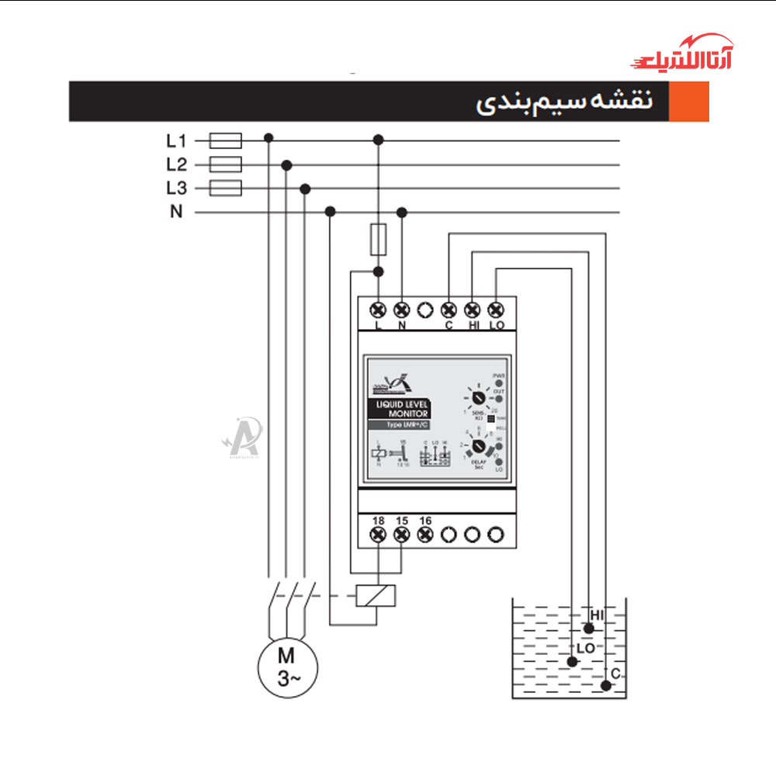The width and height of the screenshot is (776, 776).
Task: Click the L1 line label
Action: click(x=176, y=141)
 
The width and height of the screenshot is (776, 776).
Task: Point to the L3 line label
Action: click(x=176, y=189)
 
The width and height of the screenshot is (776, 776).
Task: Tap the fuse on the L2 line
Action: click(x=226, y=165)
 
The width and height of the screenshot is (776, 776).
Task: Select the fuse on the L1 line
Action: click(x=226, y=140)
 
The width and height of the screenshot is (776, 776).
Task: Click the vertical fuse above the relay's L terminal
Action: click(x=379, y=238)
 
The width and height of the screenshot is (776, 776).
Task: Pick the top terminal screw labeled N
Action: click(x=402, y=309)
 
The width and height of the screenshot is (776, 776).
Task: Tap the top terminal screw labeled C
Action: click(x=449, y=309)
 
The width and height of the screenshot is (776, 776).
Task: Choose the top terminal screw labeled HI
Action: click(x=473, y=309)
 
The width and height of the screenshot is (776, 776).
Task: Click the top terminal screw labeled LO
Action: click(x=496, y=309)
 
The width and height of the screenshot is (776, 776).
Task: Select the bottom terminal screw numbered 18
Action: click(x=379, y=534)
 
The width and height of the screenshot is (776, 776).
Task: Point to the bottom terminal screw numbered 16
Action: click(x=425, y=534)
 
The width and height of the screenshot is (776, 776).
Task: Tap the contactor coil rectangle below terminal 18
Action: click(x=376, y=595)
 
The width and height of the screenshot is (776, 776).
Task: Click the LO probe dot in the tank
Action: click(x=573, y=662)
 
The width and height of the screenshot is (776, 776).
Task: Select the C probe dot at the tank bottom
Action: click(x=605, y=684)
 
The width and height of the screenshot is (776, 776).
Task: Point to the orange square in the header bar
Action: click(x=688, y=102)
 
